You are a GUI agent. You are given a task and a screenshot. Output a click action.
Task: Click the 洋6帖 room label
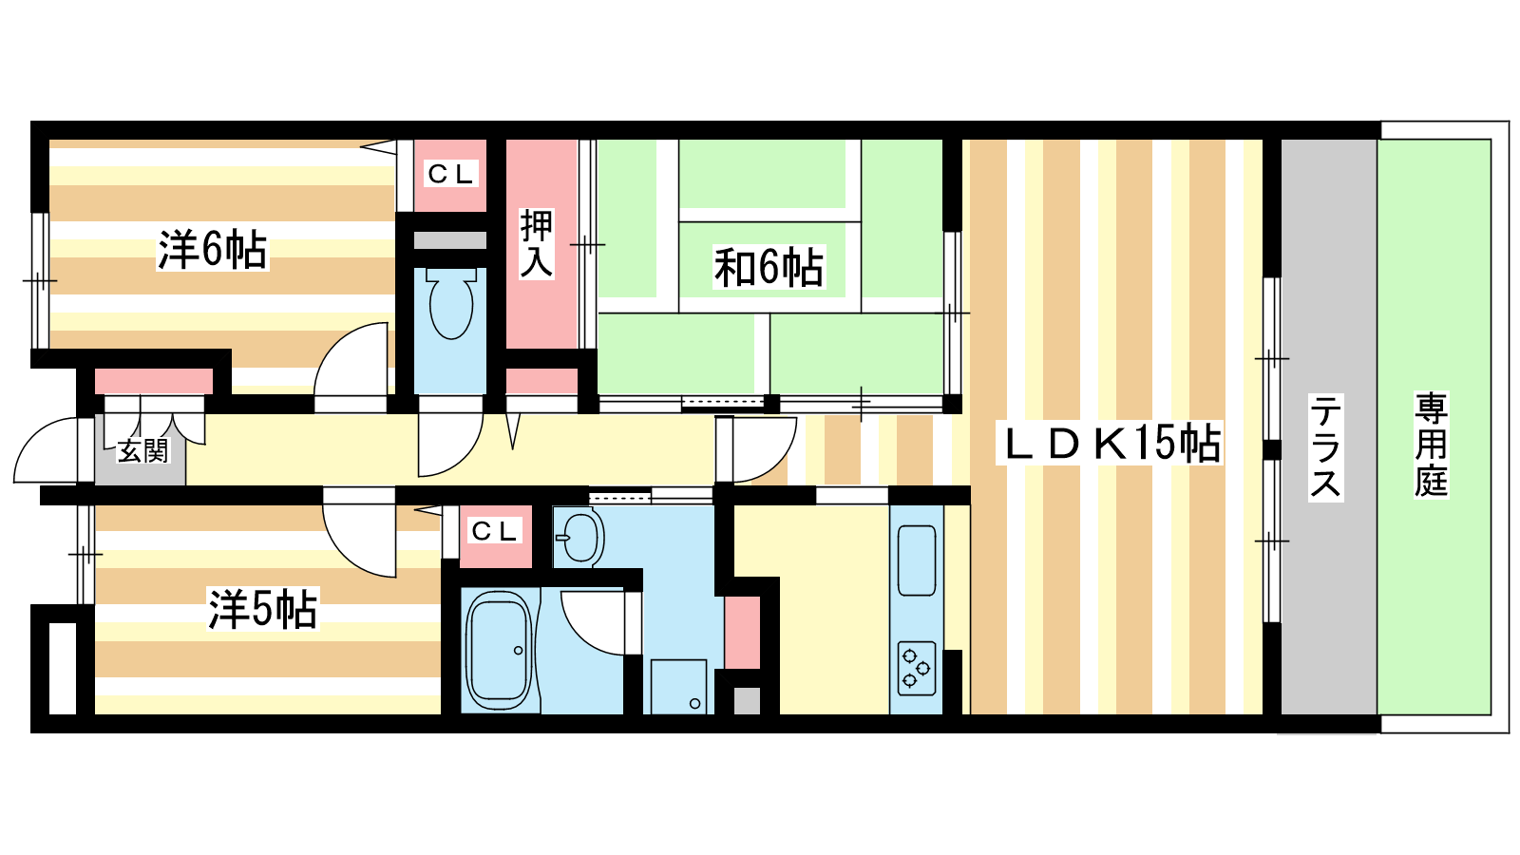click(x=213, y=250)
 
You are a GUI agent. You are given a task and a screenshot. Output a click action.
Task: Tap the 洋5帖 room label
click(x=262, y=609)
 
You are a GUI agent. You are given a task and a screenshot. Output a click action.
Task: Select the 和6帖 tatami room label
click(x=769, y=267)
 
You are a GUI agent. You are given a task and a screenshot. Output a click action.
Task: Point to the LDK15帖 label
click(x=1109, y=443)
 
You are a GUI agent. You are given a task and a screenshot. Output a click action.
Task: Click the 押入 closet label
click(x=536, y=244)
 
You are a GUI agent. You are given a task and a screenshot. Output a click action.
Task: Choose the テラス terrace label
click(x=1325, y=447)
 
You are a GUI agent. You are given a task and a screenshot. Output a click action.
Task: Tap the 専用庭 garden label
click(x=1431, y=445)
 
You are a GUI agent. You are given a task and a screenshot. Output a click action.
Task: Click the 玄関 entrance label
click(x=142, y=450)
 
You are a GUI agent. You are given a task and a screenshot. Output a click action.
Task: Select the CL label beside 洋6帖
click(x=450, y=175)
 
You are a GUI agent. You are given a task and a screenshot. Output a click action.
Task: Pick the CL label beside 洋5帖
click(x=495, y=531)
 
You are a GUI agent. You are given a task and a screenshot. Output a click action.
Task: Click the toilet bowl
click(x=450, y=303)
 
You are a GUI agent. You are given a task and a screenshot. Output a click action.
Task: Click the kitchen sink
click(x=917, y=560)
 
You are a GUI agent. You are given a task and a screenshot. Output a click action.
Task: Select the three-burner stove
click(x=917, y=669)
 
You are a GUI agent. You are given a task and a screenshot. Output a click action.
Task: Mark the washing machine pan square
click(x=678, y=686)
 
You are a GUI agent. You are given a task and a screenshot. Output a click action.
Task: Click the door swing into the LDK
click(x=764, y=450)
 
